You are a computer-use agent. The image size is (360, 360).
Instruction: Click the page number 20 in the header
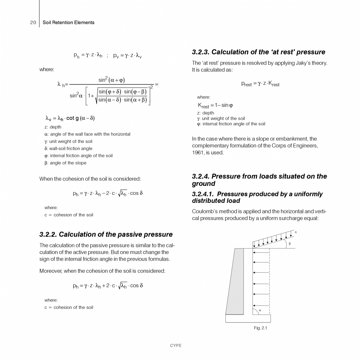[33, 23]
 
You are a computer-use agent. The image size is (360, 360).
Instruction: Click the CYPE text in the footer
[176, 346]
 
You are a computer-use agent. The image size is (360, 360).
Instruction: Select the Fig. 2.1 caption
[260, 328]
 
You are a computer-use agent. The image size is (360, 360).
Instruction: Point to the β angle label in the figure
[289, 244]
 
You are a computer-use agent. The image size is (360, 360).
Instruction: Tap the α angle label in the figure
[260, 310]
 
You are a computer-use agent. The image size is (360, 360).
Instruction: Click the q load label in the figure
[295, 232]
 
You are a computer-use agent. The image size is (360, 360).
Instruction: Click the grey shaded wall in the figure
[234, 282]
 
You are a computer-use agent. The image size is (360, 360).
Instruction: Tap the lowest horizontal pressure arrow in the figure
[261, 305]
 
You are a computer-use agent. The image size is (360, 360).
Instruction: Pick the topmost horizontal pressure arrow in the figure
[261, 252]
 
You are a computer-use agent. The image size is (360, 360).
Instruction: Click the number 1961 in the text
[198, 153]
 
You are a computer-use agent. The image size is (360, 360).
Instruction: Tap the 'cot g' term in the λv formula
[73, 118]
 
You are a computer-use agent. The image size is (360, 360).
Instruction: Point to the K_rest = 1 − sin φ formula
[215, 105]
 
